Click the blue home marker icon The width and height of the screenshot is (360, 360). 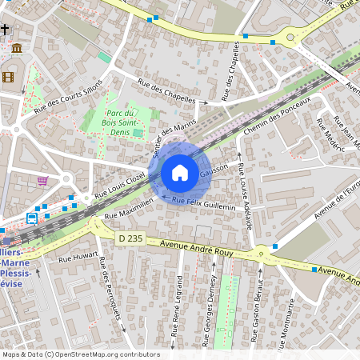coord(180,173)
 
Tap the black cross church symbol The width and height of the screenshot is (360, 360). coord(5,30)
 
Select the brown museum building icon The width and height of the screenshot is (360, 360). coord(17,49)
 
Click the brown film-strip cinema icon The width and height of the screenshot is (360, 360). coord(8,77)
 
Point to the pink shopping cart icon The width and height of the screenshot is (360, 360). coord(42,181)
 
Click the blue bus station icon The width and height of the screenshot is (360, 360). coord(32,218)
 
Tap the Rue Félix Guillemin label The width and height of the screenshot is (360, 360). coord(204,202)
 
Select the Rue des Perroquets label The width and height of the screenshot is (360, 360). coord(111,293)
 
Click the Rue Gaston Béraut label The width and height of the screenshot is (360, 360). coord(258,311)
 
